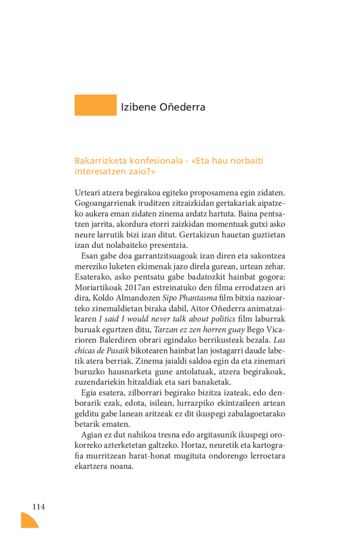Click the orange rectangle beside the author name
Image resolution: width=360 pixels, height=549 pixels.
[95, 105]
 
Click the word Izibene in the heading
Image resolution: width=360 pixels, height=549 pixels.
[138, 107]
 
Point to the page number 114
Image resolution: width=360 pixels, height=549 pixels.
[39, 507]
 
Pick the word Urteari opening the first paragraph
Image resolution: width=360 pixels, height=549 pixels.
[87, 193]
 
